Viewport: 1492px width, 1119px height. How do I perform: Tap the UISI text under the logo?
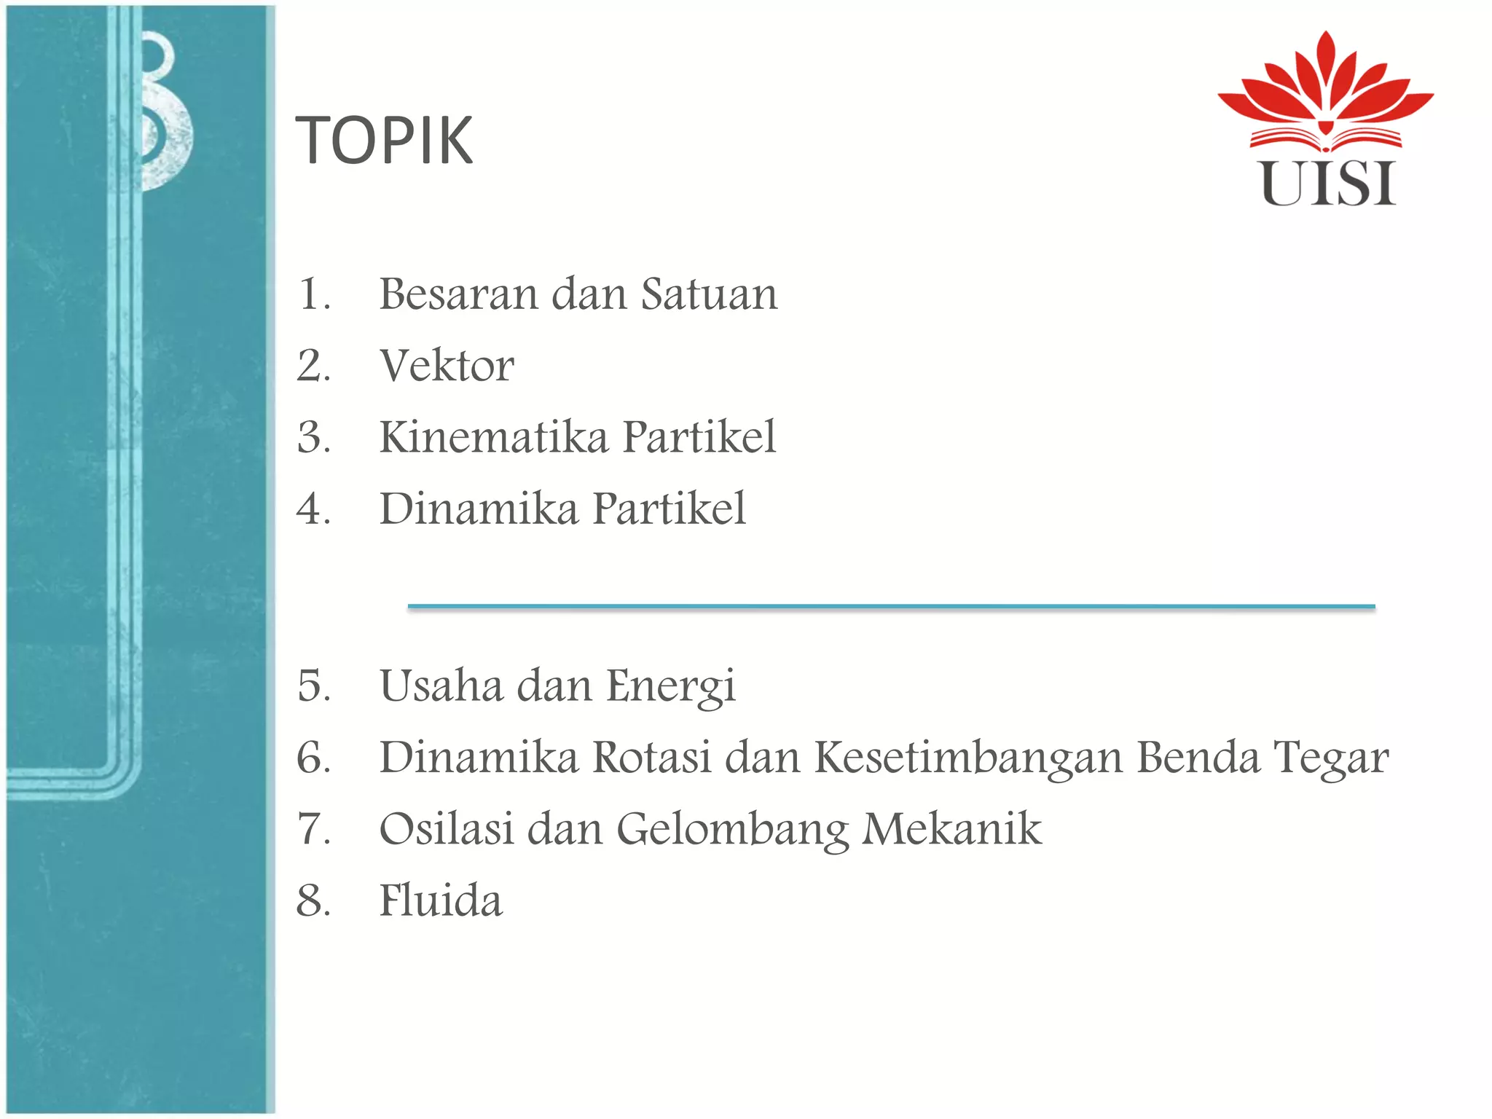1328,184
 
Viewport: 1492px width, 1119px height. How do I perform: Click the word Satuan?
709,294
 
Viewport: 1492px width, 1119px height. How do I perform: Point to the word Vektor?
447,366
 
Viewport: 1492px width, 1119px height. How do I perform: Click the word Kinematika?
493,437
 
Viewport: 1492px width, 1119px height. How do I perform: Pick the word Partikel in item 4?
669,509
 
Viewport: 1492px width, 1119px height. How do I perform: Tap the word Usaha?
441,686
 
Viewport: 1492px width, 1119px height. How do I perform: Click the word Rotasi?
651,758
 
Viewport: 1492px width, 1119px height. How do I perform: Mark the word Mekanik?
951,829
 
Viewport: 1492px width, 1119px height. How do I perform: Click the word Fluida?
441,900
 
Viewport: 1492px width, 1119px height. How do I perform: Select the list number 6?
313,758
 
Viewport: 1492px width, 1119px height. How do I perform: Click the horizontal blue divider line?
891,606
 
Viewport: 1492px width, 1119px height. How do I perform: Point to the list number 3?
313,437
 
